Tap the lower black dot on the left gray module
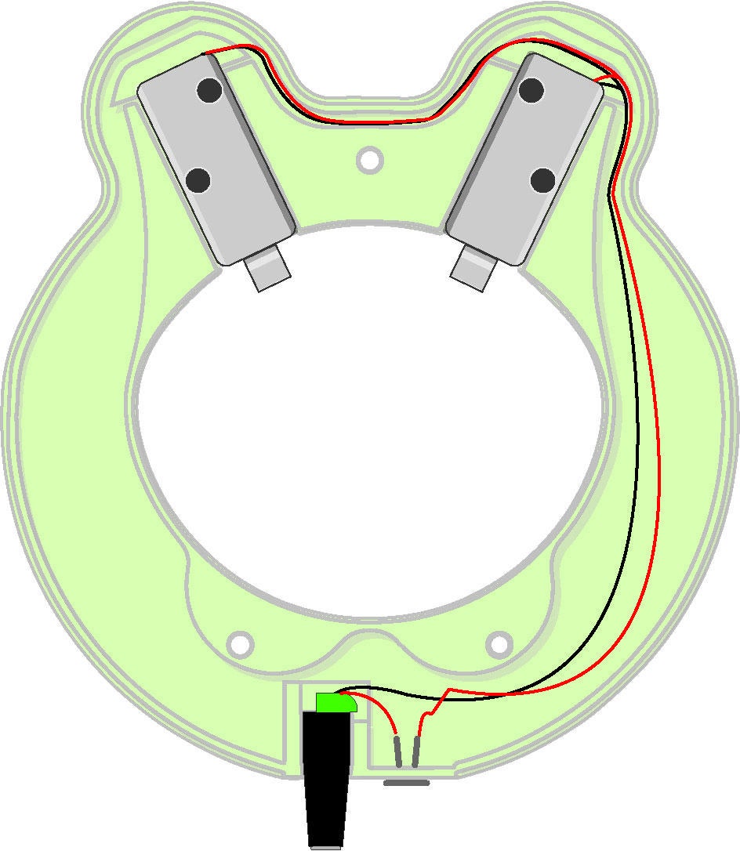click(198, 181)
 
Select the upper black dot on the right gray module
click(531, 90)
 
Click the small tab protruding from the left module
click(267, 271)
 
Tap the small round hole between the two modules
click(368, 160)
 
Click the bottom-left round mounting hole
click(241, 644)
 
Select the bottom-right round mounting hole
click(499, 644)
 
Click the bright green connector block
click(336, 702)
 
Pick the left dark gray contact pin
click(398, 752)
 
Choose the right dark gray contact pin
click(416, 752)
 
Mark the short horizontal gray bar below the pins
click(406, 783)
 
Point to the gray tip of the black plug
click(325, 846)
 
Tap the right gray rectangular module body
click(525, 161)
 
